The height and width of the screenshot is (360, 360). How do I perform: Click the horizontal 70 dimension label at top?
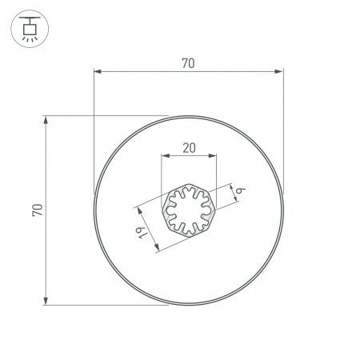[188, 63]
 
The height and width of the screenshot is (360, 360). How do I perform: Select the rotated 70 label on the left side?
[37, 210]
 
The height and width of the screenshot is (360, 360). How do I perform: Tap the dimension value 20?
[189, 147]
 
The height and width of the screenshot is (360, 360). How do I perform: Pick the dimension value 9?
[239, 189]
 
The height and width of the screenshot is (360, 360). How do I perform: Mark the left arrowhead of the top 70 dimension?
[98, 72]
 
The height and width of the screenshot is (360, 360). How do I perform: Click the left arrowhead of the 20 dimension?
[165, 156]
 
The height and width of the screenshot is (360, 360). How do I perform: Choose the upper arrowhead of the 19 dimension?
[138, 210]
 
